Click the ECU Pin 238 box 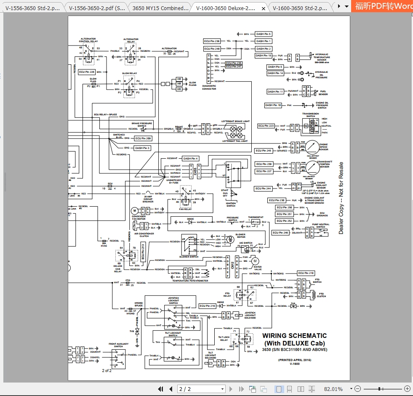(x=212, y=41)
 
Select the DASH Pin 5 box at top (x=264, y=34)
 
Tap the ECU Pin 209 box (x=143, y=138)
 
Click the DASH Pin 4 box (x=190, y=159)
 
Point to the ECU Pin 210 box (x=306, y=273)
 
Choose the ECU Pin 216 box (x=208, y=306)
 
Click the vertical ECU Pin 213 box (x=143, y=251)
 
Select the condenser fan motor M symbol (x=135, y=210)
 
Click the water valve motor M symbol (x=255, y=261)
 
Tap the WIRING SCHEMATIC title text (x=294, y=336)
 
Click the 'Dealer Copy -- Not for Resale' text (x=341, y=198)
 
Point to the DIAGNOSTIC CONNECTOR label (x=209, y=87)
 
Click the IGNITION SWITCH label (x=231, y=205)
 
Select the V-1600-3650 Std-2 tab (x=299, y=8)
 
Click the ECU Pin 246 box (x=280, y=233)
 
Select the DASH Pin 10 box (x=273, y=105)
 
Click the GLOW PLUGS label (x=192, y=84)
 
